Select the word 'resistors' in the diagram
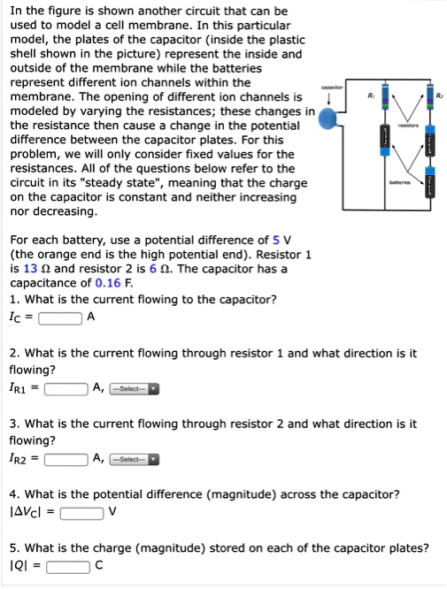click(408, 126)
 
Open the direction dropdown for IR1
click(134, 388)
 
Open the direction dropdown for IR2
click(134, 460)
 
